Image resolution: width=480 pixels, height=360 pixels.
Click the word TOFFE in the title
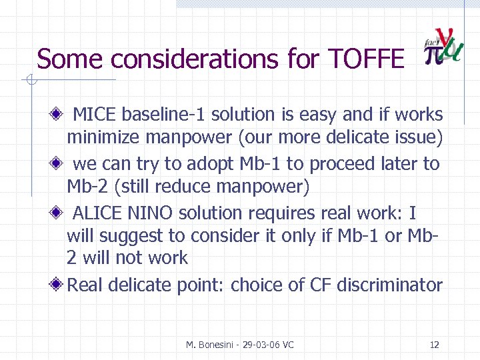[x=365, y=59]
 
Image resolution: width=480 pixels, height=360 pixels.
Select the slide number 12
[x=435, y=345]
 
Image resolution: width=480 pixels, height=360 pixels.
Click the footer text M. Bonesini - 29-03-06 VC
[x=240, y=345]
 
